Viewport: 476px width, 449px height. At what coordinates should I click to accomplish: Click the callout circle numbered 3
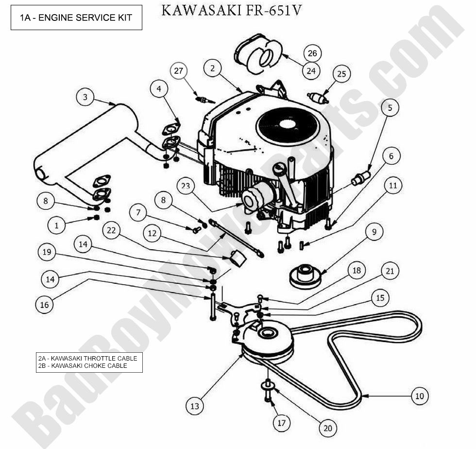coord(85,97)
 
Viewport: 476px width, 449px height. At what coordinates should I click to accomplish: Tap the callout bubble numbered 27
coord(178,71)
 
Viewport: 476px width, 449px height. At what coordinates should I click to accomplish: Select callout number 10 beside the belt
coord(419,396)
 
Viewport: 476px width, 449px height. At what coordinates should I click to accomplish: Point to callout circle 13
coord(195,406)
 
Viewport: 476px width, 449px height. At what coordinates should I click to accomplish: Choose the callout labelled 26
coord(313,53)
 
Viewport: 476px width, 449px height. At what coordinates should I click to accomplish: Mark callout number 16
coord(45,304)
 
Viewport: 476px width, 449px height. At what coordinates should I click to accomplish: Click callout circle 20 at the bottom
coord(328,428)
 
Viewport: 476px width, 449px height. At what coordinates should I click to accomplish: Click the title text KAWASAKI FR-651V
coord(231,10)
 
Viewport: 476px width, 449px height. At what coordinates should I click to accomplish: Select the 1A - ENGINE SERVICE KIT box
coord(76,17)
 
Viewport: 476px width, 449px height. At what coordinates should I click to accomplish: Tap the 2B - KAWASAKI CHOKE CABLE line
coord(83,366)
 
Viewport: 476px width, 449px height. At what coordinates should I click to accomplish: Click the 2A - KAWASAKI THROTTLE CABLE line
coord(87,359)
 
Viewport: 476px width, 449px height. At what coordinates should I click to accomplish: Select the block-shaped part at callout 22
coord(238,259)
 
